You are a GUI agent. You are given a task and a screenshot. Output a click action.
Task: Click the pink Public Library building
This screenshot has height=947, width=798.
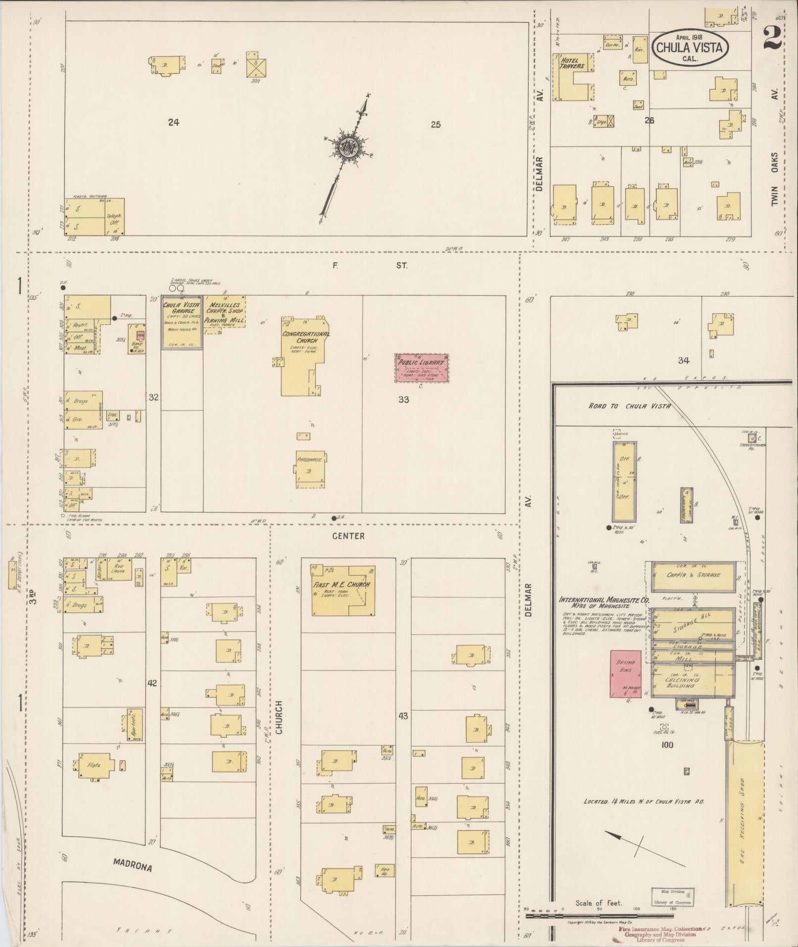(422, 368)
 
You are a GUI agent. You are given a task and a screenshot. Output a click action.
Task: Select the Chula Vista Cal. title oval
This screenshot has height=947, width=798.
(689, 48)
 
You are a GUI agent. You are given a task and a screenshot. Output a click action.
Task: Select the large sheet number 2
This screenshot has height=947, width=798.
(772, 39)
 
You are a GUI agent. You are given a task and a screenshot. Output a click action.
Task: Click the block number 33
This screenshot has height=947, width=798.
(403, 399)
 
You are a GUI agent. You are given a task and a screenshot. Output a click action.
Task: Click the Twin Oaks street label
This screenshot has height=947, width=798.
(774, 178)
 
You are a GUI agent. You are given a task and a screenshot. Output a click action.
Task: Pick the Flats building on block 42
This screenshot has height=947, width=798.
(94, 765)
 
